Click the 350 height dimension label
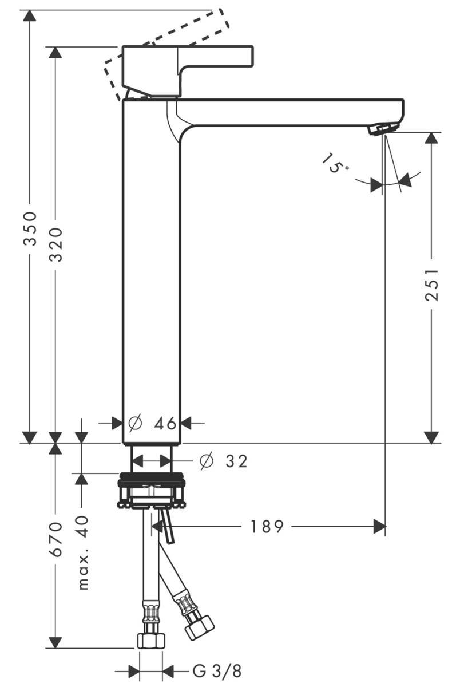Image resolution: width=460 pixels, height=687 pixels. (x=30, y=228)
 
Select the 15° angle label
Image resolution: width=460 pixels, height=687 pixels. (x=336, y=164)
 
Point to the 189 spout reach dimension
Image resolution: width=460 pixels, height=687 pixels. (x=267, y=526)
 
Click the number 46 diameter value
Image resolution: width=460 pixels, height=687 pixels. (x=165, y=424)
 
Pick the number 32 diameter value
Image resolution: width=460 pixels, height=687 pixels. (x=236, y=461)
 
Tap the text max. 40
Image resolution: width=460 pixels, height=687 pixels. (x=83, y=552)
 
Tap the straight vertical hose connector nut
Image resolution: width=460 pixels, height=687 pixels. (x=150, y=639)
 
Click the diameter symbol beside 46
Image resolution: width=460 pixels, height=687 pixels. (x=134, y=424)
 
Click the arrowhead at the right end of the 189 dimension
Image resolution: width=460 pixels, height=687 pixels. (x=379, y=526)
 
